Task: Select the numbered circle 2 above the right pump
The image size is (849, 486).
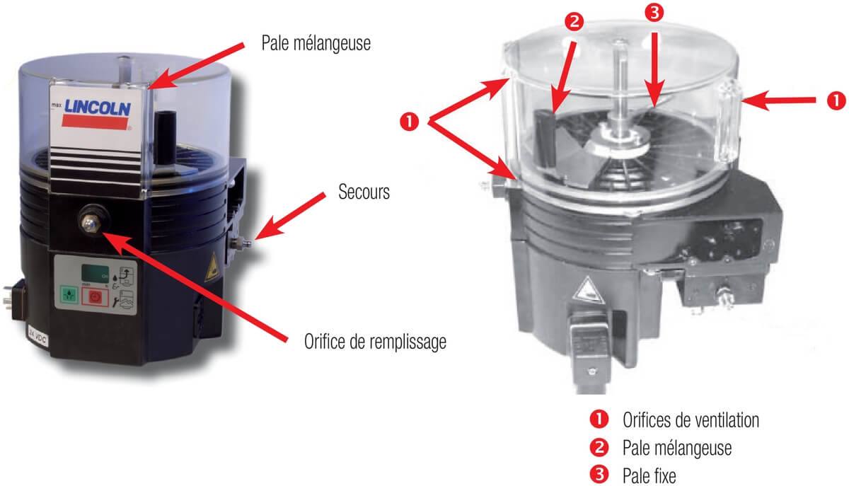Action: [x=574, y=21]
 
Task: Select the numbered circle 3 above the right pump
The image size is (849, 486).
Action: [x=655, y=12]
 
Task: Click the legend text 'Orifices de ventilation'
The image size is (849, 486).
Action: [x=691, y=420]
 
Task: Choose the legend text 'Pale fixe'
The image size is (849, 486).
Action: [x=649, y=476]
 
